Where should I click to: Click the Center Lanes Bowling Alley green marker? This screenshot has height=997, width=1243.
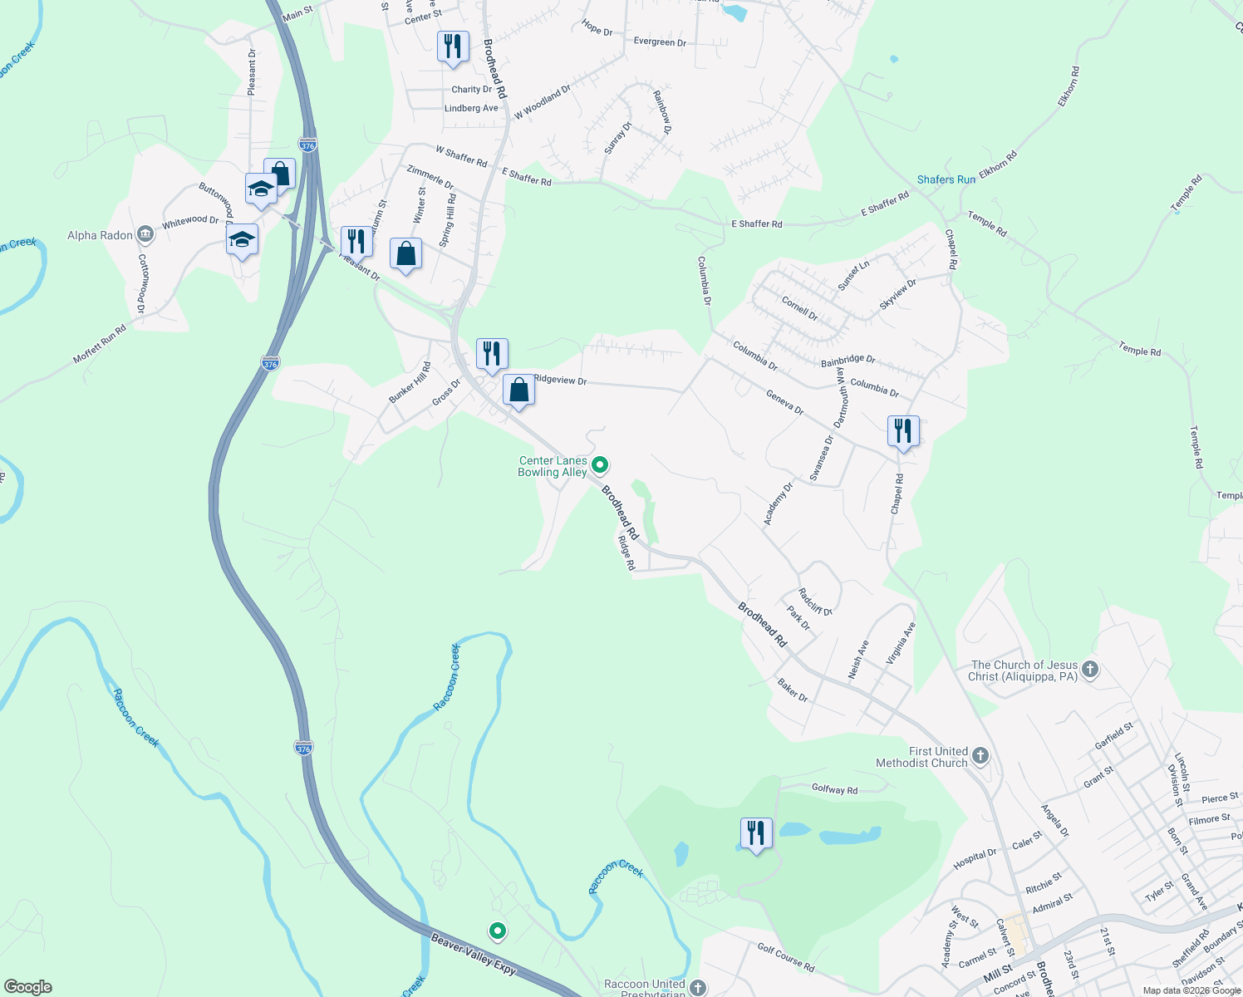[x=600, y=465]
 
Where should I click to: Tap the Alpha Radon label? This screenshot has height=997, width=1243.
[x=100, y=236]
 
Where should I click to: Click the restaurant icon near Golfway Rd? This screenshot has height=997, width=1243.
[x=756, y=833]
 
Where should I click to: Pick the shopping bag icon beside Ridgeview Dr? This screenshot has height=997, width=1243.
[x=518, y=390]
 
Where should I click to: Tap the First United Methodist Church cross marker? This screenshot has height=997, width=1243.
[x=980, y=755]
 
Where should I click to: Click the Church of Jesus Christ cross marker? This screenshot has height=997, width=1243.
[x=1090, y=670]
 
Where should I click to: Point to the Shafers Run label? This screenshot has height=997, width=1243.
[x=946, y=179]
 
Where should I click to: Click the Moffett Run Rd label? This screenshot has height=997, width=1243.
[x=100, y=344]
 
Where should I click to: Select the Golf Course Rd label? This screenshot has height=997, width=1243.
[x=786, y=957]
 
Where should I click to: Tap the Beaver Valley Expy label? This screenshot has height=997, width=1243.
[x=474, y=954]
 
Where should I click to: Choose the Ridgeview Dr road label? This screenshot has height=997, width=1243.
[x=560, y=380]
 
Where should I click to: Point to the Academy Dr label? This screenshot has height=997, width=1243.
[x=779, y=503]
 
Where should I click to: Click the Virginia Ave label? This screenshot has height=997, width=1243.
[x=900, y=643]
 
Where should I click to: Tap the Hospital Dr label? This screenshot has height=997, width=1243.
[x=975, y=858]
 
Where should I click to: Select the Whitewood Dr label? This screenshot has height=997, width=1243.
[x=190, y=221]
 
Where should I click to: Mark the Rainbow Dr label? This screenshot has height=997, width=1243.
[x=662, y=112]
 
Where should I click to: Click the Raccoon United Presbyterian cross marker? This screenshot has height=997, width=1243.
[x=698, y=987]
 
